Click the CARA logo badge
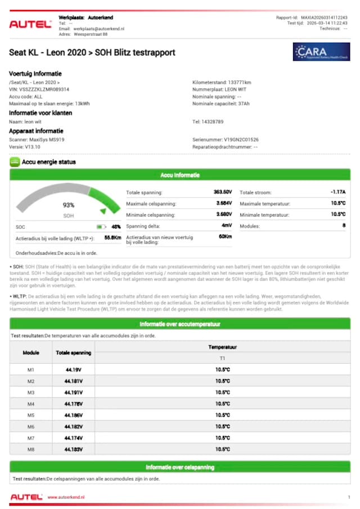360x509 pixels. tap(322, 52)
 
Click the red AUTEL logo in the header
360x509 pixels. tap(30, 24)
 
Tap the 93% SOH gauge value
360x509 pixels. tap(68, 205)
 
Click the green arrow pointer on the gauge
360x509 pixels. tap(102, 211)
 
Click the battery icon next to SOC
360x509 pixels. tap(101, 227)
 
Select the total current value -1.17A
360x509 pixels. tap(337, 192)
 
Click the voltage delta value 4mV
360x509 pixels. tap(227, 226)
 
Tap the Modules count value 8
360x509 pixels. tap(343, 226)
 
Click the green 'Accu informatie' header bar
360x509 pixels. tap(180, 175)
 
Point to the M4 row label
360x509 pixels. tap(31, 404)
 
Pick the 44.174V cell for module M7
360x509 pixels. tap(73, 438)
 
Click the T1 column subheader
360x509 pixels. tap(222, 358)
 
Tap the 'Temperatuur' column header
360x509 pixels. tap(222, 348)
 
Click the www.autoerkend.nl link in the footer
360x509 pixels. tap(66, 497)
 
